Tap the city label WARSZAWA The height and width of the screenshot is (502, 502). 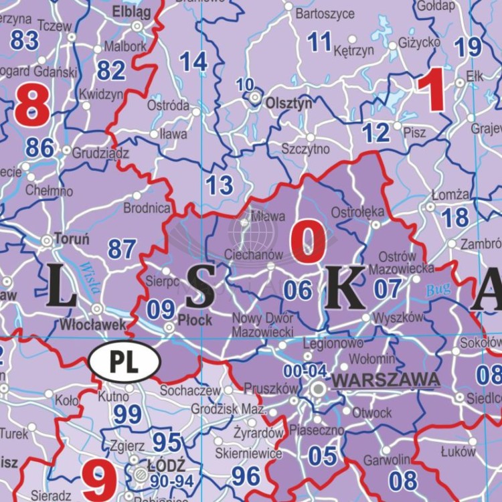pyautogui.click(x=386, y=380)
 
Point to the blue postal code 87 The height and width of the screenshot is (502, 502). pyautogui.click(x=122, y=250)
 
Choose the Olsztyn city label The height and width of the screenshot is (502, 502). pyautogui.click(x=289, y=104)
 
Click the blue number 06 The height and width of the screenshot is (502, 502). pyautogui.click(x=298, y=290)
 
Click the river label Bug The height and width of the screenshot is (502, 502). pyautogui.click(x=439, y=290)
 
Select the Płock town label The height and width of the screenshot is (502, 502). pyautogui.click(x=195, y=320)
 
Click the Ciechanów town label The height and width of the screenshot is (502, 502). pyautogui.click(x=254, y=255)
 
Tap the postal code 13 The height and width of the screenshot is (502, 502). pyautogui.click(x=219, y=184)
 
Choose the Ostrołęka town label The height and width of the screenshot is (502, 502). pyautogui.click(x=357, y=212)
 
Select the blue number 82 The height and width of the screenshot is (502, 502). pyautogui.click(x=111, y=70)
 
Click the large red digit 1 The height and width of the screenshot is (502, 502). pyautogui.click(x=430, y=92)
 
